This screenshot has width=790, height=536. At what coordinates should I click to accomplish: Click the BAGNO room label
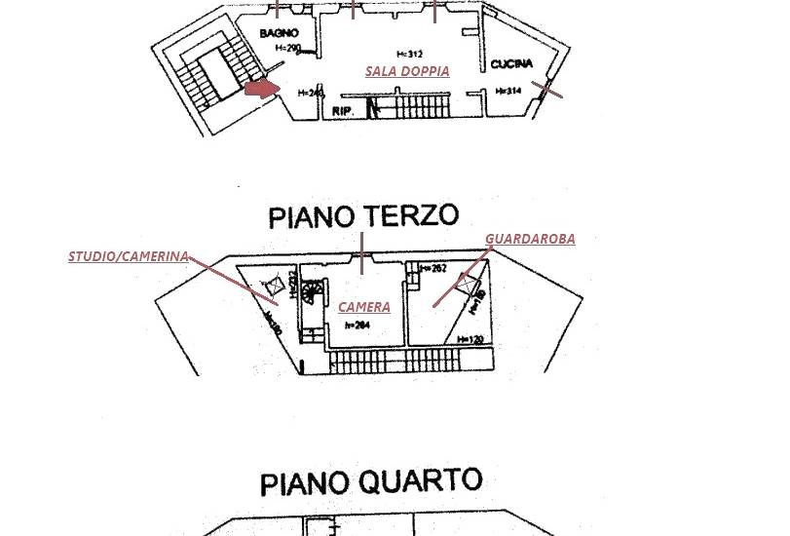[x=279, y=33]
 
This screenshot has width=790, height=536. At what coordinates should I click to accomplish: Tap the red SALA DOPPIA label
[x=407, y=71]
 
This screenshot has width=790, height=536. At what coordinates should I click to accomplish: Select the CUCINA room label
[x=511, y=64]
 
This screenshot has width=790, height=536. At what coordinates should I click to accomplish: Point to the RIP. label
[x=342, y=111]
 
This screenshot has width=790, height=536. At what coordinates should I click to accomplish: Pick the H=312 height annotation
[x=410, y=54]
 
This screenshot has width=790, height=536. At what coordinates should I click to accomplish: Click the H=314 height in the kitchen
[x=508, y=92]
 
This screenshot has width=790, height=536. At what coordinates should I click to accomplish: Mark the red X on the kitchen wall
[x=548, y=90]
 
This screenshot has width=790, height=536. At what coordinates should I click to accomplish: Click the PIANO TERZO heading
[x=362, y=215]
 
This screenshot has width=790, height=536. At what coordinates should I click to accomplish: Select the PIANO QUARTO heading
[x=371, y=482]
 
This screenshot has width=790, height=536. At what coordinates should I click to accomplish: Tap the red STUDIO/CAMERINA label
[x=128, y=257]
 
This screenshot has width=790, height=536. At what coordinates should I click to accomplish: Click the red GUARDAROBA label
[x=530, y=239]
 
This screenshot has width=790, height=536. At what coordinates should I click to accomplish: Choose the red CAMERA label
[x=364, y=307]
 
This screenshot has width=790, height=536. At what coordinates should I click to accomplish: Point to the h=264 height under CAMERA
[x=357, y=325]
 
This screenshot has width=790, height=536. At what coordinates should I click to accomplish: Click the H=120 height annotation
[x=471, y=339]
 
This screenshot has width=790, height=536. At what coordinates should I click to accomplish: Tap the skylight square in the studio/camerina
[x=274, y=286]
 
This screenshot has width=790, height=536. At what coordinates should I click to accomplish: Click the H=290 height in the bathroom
[x=287, y=48]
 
